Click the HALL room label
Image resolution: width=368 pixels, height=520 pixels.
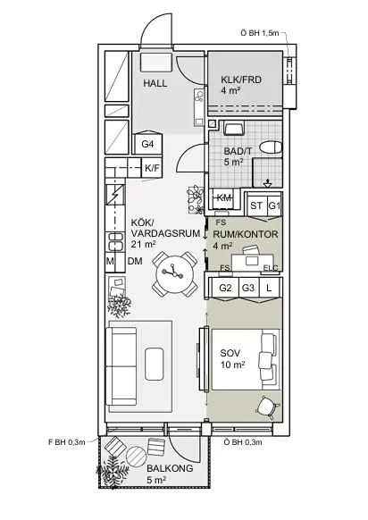click(x=155, y=83)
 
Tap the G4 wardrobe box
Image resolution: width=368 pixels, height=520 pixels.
click(x=147, y=144)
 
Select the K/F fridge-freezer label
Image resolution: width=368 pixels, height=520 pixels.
click(x=152, y=169)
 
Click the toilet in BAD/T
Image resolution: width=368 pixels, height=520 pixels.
click(x=271, y=147)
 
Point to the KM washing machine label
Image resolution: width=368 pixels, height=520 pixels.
click(x=224, y=198)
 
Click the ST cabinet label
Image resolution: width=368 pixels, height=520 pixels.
click(x=256, y=205)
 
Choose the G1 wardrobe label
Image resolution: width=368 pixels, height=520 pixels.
click(x=274, y=205)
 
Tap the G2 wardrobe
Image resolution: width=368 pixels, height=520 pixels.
click(x=225, y=288)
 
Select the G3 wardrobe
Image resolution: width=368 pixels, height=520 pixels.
click(x=248, y=288)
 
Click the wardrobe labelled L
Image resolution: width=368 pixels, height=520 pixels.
click(x=269, y=288)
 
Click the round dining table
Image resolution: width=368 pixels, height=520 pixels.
click(x=174, y=274)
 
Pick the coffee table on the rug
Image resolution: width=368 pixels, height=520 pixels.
click(x=155, y=364)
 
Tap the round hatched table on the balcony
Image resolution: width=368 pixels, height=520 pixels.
click(x=137, y=457)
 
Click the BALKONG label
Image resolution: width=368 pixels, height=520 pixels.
click(x=170, y=468)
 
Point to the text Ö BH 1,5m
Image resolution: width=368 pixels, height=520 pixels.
click(x=260, y=33)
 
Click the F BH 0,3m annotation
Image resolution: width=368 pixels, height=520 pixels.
click(x=67, y=442)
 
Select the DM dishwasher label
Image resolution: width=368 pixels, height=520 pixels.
click(x=135, y=261)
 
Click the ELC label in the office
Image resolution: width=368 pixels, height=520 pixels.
click(x=271, y=268)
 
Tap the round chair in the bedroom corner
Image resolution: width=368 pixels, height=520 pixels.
click(x=269, y=406)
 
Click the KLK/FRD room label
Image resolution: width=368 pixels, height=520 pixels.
click(x=241, y=80)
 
